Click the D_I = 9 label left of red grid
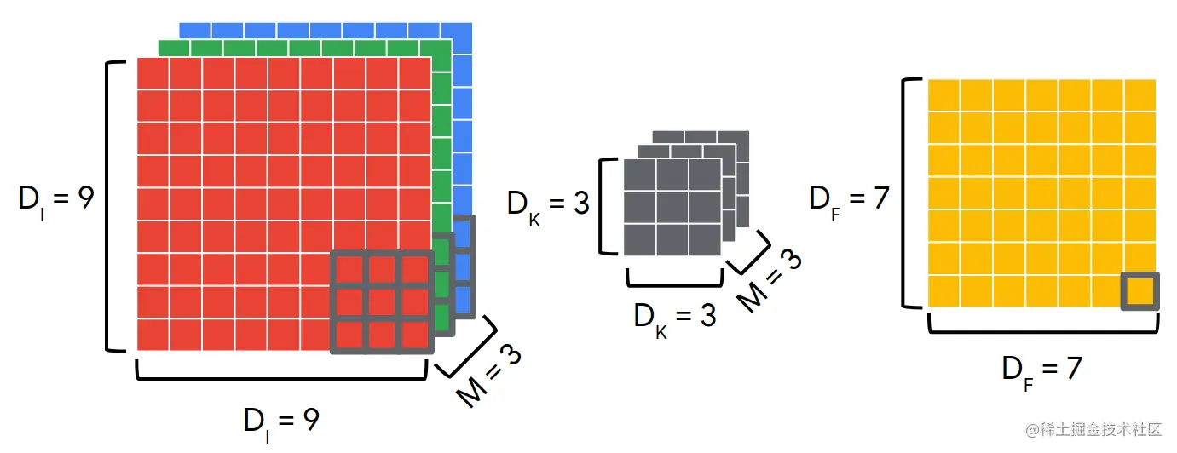pyautogui.click(x=56, y=200)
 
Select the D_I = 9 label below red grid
pyautogui.click(x=281, y=421)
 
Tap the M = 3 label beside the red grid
pyautogui.click(x=488, y=375)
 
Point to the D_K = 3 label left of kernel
pyautogui.click(x=548, y=204)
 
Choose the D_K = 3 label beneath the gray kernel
pyautogui.click(x=674, y=316)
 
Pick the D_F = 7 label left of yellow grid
pyautogui.click(x=849, y=200)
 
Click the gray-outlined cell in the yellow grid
pyautogui.click(x=1139, y=291)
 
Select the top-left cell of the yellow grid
pyautogui.click(x=943, y=95)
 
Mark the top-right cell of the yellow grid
pyautogui.click(x=1140, y=95)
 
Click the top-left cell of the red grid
pyautogui.click(x=153, y=73)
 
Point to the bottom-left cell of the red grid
pyautogui.click(x=153, y=335)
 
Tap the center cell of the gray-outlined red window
pyautogui.click(x=382, y=302)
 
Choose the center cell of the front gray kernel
pyautogui.click(x=673, y=206)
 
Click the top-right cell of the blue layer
pyautogui.click(x=460, y=32)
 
